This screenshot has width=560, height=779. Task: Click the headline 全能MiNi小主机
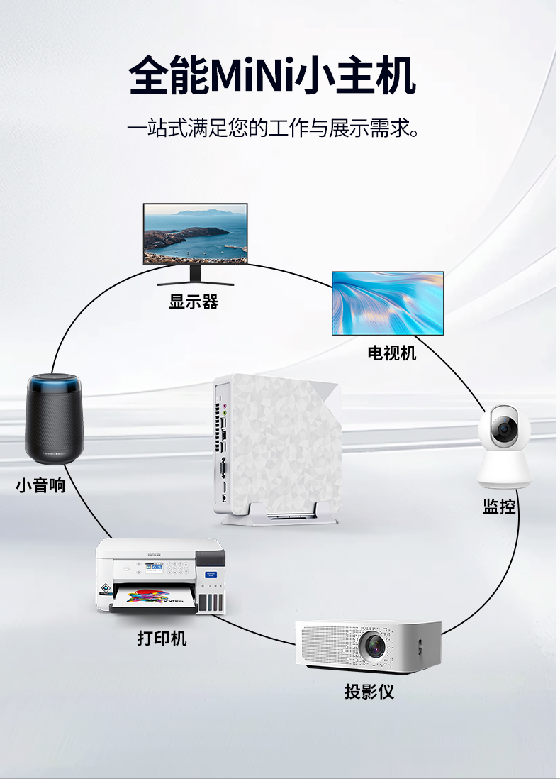click(272, 75)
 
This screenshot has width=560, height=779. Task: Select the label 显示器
click(193, 302)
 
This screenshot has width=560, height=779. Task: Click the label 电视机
click(392, 353)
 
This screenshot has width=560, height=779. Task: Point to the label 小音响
click(40, 485)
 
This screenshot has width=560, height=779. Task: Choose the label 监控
click(500, 507)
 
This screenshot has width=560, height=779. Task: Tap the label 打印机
click(162, 638)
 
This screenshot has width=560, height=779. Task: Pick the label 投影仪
click(369, 692)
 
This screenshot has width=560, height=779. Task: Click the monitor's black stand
click(195, 276)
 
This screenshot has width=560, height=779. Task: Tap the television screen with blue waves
click(388, 303)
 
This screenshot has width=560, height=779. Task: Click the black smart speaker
click(54, 419)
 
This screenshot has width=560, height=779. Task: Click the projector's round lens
click(375, 645)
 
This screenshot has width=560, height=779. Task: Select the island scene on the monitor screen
click(195, 233)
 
